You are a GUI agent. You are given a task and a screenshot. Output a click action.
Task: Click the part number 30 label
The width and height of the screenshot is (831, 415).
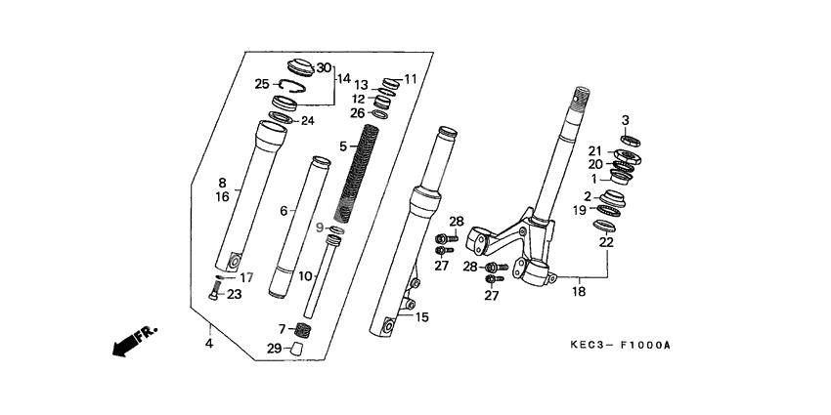pos(324,67)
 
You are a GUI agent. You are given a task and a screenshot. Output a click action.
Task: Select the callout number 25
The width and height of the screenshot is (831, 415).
pos(262,84)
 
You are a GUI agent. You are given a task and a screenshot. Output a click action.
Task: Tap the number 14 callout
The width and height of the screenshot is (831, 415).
pos(343,78)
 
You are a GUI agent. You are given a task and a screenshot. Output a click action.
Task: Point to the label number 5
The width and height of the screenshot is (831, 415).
pos(343,146)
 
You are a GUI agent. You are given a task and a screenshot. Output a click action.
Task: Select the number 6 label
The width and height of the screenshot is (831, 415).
pos(284,211)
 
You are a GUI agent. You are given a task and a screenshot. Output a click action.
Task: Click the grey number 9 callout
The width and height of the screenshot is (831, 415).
pos(319,228)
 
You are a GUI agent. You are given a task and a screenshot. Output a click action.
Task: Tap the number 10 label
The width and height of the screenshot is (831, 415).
pos(305,276)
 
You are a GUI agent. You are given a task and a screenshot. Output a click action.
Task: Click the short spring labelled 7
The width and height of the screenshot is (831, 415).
pos(303,330)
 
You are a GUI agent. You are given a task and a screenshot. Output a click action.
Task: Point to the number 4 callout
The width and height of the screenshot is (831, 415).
pos(208,343)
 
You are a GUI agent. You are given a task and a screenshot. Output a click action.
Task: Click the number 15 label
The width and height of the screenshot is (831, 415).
pos(422,317)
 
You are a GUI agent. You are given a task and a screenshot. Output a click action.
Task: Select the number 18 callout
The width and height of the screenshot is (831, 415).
pos(578,292)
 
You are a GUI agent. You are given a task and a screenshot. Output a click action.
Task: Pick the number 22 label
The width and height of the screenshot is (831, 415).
pos(606,242)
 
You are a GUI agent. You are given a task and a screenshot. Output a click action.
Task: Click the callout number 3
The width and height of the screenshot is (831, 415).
pos(625,120)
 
